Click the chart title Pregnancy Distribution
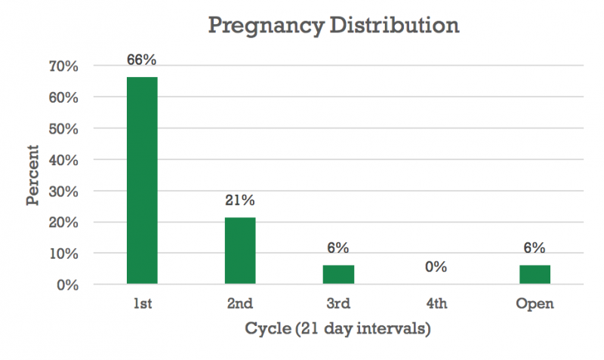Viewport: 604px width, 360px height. pos(333,25)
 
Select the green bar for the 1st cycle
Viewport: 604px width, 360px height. pos(142,180)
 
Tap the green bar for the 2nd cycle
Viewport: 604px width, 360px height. pos(240,251)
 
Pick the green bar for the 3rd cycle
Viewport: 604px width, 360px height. pos(338,275)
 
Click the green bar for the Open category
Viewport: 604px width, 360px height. pos(535,275)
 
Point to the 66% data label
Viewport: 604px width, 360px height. pos(142,60)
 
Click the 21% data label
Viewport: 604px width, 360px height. pos(240,201)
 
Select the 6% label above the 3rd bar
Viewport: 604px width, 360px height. pos(338,248)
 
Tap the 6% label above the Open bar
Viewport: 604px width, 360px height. pos(535,248)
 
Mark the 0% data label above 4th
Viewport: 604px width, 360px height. pos(436,267)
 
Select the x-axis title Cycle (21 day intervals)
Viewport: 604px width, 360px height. pos(337,330)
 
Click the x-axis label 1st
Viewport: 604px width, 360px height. pos(142,304)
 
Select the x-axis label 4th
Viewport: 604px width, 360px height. pos(436,304)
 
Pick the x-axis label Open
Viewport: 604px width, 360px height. pos(535,304)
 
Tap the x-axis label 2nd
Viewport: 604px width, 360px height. pos(240,304)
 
